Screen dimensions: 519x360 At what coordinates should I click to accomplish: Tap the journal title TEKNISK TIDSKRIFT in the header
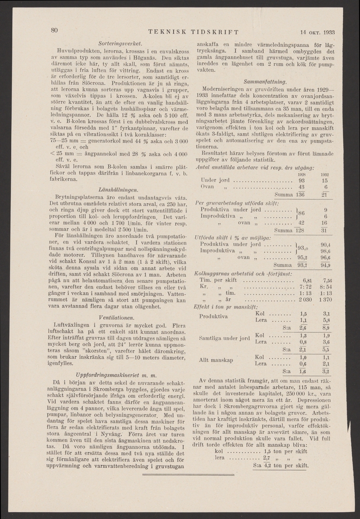pos(193,32)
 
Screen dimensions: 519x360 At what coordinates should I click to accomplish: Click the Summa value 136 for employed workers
pos(301,194)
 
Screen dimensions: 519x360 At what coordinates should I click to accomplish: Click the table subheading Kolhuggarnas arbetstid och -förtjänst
pos(244,273)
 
